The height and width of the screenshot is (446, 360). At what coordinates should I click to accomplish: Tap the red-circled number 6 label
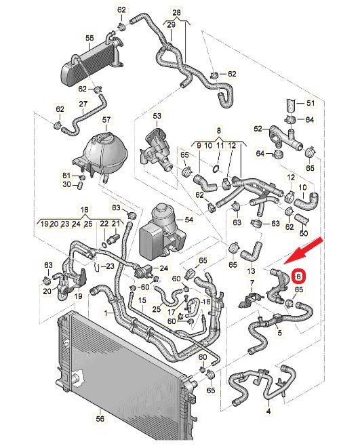(x=299, y=277)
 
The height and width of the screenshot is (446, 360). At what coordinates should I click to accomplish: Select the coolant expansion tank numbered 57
(x=103, y=159)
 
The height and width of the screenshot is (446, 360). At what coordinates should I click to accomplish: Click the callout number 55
(x=89, y=38)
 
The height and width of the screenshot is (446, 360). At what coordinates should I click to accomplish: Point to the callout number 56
(x=100, y=419)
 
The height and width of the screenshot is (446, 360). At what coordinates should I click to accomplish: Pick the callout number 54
(x=188, y=220)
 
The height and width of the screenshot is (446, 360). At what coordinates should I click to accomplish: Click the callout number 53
(x=157, y=116)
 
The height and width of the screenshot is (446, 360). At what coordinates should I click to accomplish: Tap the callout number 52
(x=258, y=129)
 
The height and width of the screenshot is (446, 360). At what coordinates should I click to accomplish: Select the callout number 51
(x=311, y=103)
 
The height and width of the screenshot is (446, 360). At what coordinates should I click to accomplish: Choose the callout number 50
(x=304, y=234)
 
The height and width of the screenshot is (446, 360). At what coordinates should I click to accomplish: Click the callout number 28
(x=176, y=12)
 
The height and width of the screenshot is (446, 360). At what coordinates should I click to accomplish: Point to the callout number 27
(x=83, y=104)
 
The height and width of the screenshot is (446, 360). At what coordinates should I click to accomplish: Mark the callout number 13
(x=251, y=271)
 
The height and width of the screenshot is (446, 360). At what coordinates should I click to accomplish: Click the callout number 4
(x=268, y=411)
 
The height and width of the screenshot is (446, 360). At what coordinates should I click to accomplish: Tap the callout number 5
(x=279, y=333)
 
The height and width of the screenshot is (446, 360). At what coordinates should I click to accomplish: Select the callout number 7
(x=252, y=283)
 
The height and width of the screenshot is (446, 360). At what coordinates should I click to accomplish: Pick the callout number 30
(x=66, y=184)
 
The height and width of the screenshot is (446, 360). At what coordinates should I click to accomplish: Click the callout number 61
(x=66, y=175)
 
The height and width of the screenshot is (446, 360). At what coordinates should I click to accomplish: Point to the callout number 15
(x=142, y=300)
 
